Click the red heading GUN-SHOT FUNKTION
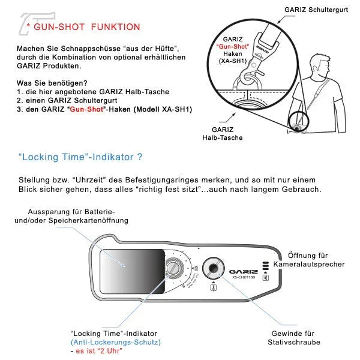click(x=87, y=27)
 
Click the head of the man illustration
click(x=317, y=61)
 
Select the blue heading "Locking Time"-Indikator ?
click(x=80, y=158)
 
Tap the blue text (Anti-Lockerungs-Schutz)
click(x=115, y=342)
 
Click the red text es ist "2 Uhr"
click(x=97, y=351)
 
